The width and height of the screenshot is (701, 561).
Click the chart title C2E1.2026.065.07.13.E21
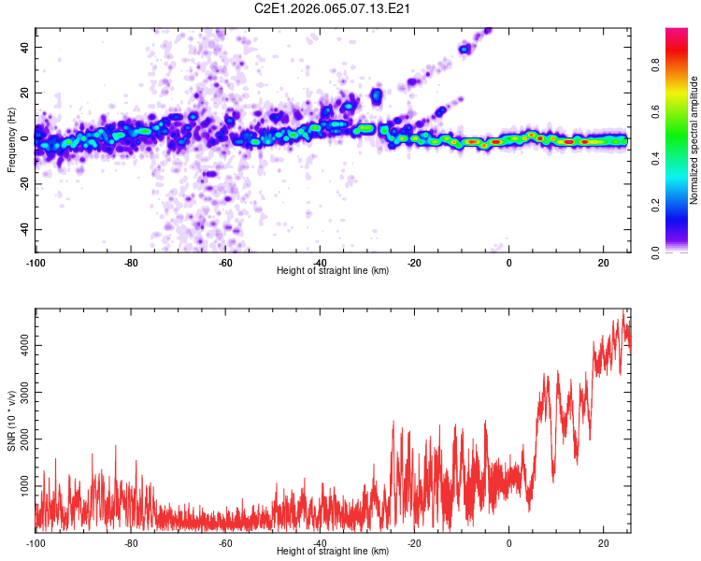[x=333, y=8]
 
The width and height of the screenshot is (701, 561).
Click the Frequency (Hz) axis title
[x=11, y=140]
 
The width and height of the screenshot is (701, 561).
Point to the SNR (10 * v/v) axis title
[x=11, y=420]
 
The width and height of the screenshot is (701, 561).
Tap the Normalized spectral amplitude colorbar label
[x=694, y=140]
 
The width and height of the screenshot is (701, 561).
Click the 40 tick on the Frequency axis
[x=26, y=47]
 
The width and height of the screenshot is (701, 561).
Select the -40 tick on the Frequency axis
[x=24, y=230]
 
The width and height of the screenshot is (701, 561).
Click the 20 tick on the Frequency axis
[x=26, y=93]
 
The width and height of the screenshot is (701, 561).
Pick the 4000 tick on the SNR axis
[x=21, y=346]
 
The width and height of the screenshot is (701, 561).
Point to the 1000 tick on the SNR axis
[x=21, y=487]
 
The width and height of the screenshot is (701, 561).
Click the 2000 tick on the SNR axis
[x=21, y=440]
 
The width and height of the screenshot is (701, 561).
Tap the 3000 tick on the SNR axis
[x=21, y=393]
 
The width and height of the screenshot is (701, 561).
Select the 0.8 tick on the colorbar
[x=657, y=65]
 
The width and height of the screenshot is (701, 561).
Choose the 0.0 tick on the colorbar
[x=657, y=252]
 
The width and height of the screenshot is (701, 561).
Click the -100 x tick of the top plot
[x=36, y=261]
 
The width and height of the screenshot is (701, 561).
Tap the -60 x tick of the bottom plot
[x=225, y=542]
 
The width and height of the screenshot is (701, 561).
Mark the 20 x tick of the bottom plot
[x=604, y=542]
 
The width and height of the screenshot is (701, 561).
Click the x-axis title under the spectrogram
[x=333, y=271]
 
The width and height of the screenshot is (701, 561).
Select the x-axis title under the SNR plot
[x=333, y=553]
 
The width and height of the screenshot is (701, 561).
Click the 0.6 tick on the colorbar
[x=657, y=112]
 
